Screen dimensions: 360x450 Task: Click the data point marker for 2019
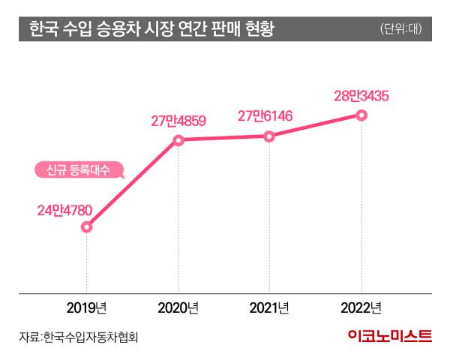click(x=86, y=226)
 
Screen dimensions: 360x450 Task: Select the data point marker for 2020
click(x=178, y=139)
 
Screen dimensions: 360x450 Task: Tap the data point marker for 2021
click(x=270, y=136)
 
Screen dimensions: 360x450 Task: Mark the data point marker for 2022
click(x=361, y=115)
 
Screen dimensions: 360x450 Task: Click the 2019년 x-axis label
click(x=86, y=308)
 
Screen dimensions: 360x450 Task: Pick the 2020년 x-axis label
click(x=178, y=308)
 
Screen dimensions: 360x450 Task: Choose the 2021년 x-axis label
click(x=270, y=308)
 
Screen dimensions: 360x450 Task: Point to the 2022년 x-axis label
click(x=361, y=308)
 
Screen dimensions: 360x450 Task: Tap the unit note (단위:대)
click(x=402, y=30)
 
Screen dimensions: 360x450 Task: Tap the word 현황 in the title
click(x=259, y=29)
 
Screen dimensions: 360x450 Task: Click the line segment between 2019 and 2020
click(x=133, y=183)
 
